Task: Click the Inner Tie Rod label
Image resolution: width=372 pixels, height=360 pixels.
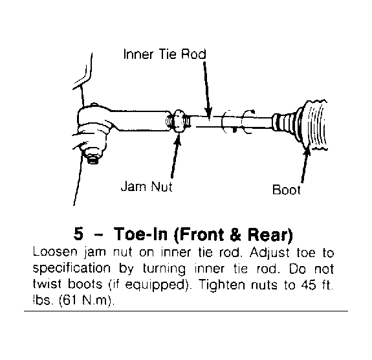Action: (x=164, y=54)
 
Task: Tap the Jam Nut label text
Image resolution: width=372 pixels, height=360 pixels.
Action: (x=147, y=186)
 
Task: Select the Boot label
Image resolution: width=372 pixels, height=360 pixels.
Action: (x=287, y=190)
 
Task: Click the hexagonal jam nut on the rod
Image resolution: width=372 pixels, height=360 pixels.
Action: (x=179, y=121)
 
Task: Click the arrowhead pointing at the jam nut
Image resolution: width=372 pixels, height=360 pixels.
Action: (x=178, y=138)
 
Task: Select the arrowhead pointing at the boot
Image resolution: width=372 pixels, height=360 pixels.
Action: (x=307, y=149)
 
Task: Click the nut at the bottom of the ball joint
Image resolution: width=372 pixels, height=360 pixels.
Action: (x=93, y=159)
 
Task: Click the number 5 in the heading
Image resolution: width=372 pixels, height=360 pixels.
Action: (x=78, y=234)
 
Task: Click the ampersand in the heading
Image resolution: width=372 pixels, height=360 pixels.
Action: (x=235, y=234)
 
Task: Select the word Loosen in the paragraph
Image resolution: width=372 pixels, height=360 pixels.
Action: (x=55, y=252)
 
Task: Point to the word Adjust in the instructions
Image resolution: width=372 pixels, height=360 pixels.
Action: (x=270, y=253)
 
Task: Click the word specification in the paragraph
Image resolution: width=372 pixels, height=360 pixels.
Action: (x=71, y=269)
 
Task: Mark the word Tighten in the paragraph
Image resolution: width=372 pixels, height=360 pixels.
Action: (x=221, y=284)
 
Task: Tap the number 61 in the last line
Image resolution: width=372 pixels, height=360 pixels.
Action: (x=71, y=300)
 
